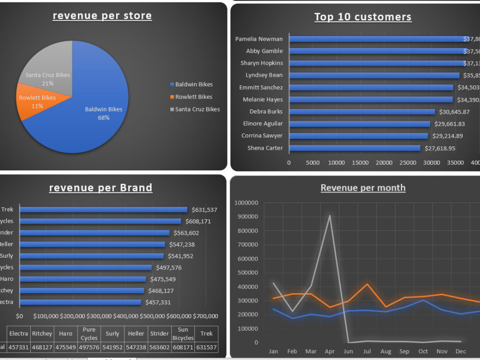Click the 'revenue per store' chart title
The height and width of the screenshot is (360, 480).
(x=102, y=16)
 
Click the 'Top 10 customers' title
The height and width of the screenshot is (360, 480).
(x=363, y=17)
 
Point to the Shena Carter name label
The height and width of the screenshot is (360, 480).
(x=265, y=148)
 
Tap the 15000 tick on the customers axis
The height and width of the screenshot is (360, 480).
(x=360, y=163)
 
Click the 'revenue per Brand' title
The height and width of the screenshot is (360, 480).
(x=101, y=188)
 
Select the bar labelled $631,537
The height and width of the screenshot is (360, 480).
(x=103, y=210)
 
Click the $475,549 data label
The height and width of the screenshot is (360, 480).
(x=163, y=279)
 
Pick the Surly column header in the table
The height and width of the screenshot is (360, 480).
(x=112, y=334)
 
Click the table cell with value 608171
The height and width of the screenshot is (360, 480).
(x=183, y=347)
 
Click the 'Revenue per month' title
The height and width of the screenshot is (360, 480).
(x=363, y=188)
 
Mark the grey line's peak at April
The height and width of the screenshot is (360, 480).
(x=329, y=216)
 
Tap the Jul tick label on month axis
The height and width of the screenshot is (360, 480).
(x=367, y=352)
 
